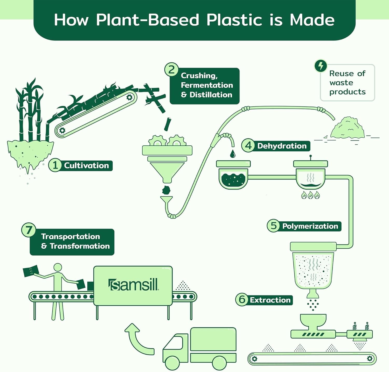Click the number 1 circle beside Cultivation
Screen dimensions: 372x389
[x=55, y=165]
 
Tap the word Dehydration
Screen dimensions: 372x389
[x=282, y=146]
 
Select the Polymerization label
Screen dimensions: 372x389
[x=310, y=226]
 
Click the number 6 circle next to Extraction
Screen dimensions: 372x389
[x=242, y=299]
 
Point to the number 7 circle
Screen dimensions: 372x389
[x=29, y=230]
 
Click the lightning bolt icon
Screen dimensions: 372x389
[x=321, y=66]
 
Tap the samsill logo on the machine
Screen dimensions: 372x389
[x=133, y=285]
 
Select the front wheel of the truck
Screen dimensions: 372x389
[x=172, y=362]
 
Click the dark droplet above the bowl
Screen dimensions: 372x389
[x=233, y=154]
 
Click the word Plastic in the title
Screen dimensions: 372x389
[x=234, y=20]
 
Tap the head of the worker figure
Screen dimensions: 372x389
[x=58, y=268]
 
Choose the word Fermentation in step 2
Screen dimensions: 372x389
[x=207, y=85]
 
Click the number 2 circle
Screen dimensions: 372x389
[x=171, y=70]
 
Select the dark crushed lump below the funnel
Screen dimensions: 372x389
[x=166, y=190]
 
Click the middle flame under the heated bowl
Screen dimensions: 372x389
[x=310, y=195]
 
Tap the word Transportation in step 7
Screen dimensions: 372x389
[x=70, y=236]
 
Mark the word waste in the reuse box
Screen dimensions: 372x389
[x=341, y=83]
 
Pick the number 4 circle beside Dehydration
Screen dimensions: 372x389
[x=248, y=146]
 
